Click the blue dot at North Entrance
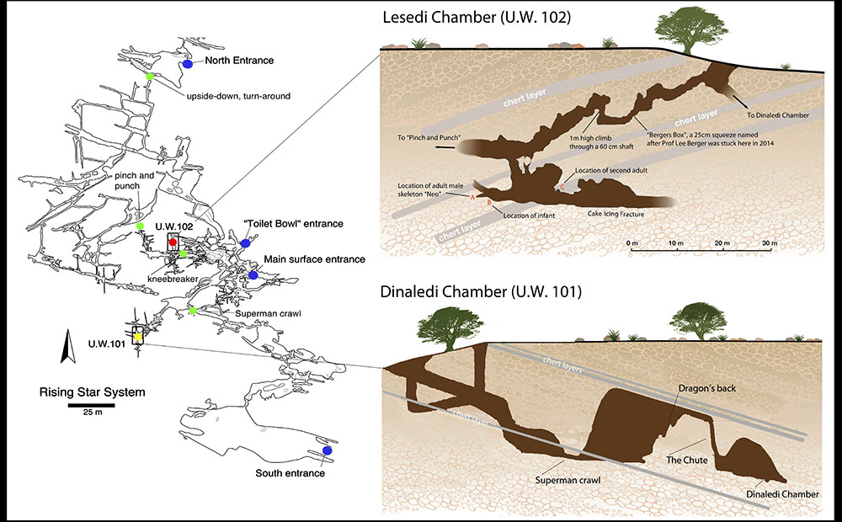[x=188, y=64]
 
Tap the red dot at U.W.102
[x=173, y=242]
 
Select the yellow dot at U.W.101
[x=138, y=337]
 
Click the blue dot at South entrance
[x=327, y=450]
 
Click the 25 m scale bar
[x=91, y=406]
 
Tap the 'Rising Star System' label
[x=93, y=392]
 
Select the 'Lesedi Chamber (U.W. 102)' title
[x=477, y=17]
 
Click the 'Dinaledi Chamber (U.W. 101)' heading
[x=481, y=291]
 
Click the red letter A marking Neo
[x=473, y=197]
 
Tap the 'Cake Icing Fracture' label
[x=616, y=214]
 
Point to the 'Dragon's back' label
[x=706, y=388]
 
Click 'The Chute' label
[x=687, y=460]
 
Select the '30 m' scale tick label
[x=770, y=243]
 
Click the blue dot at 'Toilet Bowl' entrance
[x=245, y=243]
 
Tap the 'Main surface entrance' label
[x=314, y=259]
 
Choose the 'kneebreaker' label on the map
[x=173, y=280]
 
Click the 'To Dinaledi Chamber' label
[x=778, y=115]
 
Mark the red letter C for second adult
[x=562, y=188]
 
